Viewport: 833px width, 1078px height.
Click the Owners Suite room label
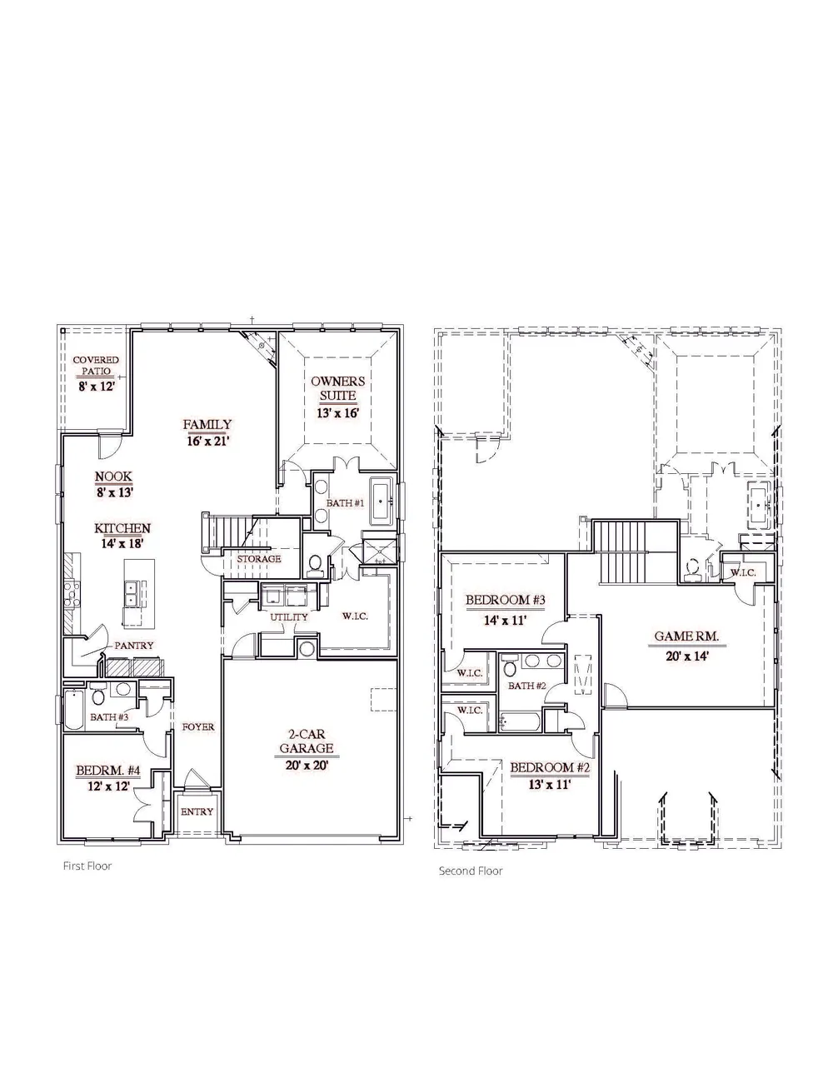pos(337,388)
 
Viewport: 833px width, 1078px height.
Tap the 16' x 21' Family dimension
pos(207,441)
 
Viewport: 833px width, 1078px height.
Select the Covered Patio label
pos(96,365)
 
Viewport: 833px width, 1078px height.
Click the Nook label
pos(113,477)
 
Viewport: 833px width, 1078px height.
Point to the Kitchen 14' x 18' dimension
pos(122,543)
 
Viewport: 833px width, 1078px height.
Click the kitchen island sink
pos(131,594)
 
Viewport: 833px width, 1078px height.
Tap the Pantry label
pos(134,646)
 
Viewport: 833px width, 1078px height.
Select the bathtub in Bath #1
pos(382,501)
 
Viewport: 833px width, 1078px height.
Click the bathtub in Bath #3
pos(73,710)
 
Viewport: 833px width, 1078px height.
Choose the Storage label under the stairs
pos(259,559)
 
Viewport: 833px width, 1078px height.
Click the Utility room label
pos(289,617)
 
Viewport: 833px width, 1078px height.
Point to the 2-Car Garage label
pos(307,741)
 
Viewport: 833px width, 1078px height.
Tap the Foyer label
pos(198,726)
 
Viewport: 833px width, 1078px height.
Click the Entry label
pos(197,811)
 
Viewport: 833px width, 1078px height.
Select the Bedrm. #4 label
pos(108,771)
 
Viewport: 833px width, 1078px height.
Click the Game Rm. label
pos(686,636)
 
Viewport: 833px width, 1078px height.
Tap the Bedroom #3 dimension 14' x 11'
pos(506,620)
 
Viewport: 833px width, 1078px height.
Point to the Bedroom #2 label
pos(551,767)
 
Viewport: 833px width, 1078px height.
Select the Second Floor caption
pos(471,871)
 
